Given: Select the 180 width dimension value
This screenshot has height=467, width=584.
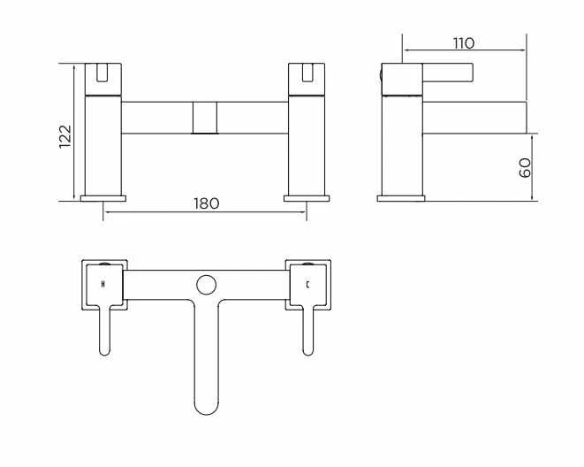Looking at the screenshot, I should [205, 203].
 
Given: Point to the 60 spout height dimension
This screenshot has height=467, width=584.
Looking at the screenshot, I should [525, 168].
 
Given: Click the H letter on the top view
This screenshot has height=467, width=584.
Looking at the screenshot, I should [104, 285].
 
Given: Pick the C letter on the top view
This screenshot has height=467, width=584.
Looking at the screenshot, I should [307, 285].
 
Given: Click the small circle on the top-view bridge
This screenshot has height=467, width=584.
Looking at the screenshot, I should [206, 285].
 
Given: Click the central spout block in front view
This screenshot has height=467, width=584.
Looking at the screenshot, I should [205, 118].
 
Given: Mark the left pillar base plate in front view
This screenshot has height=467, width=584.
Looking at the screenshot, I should [103, 196].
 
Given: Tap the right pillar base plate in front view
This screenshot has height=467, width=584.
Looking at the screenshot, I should [307, 196].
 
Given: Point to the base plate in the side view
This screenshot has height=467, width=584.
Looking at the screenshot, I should [401, 196].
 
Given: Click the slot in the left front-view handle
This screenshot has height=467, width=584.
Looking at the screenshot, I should [102, 71].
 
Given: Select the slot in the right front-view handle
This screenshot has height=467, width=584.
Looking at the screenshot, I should [307, 71].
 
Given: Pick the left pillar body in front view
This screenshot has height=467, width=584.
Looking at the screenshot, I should [103, 142].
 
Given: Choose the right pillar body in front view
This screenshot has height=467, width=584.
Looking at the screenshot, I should [307, 142].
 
